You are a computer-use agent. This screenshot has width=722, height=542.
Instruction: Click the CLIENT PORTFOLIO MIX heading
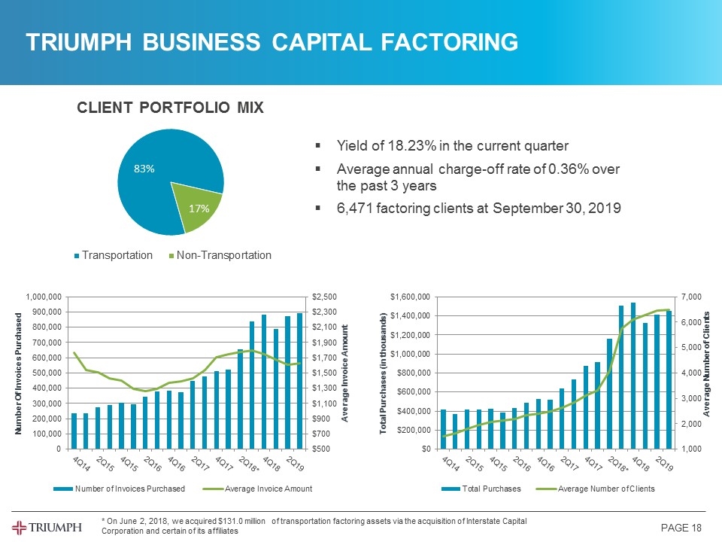[x=170, y=108]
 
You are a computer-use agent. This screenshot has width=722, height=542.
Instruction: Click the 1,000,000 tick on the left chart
[x=44, y=297]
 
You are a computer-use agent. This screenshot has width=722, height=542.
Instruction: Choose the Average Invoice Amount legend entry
[x=259, y=489]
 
